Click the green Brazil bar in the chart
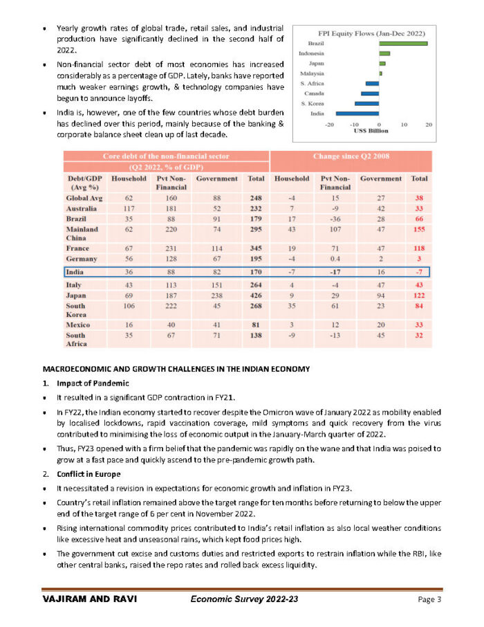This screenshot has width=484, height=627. coord(403,44)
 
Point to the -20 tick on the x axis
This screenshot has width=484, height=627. coord(329,125)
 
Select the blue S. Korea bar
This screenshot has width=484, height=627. coord(366,103)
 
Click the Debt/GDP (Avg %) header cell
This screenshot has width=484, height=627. coord(81,183)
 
